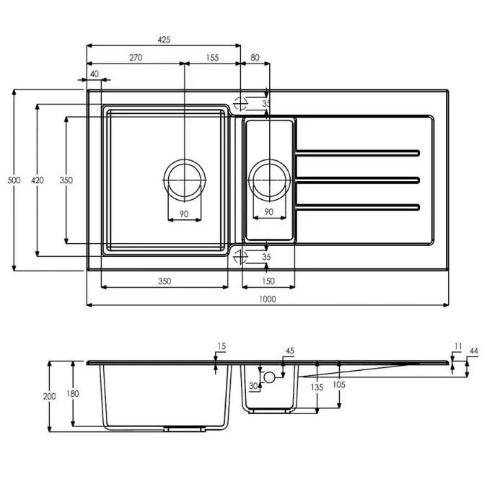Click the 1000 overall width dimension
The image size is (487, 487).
(x=267, y=299)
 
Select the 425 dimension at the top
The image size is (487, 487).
(x=164, y=40)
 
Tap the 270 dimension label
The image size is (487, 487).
(x=136, y=58)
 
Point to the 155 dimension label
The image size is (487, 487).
(x=212, y=58)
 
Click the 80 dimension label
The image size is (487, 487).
(x=255, y=58)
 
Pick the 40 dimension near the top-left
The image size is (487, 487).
(x=95, y=74)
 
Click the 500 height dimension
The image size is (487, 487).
(x=14, y=180)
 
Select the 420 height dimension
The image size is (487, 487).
(x=38, y=180)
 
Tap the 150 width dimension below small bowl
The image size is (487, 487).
(x=268, y=281)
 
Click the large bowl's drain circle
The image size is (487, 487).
(x=185, y=160)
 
